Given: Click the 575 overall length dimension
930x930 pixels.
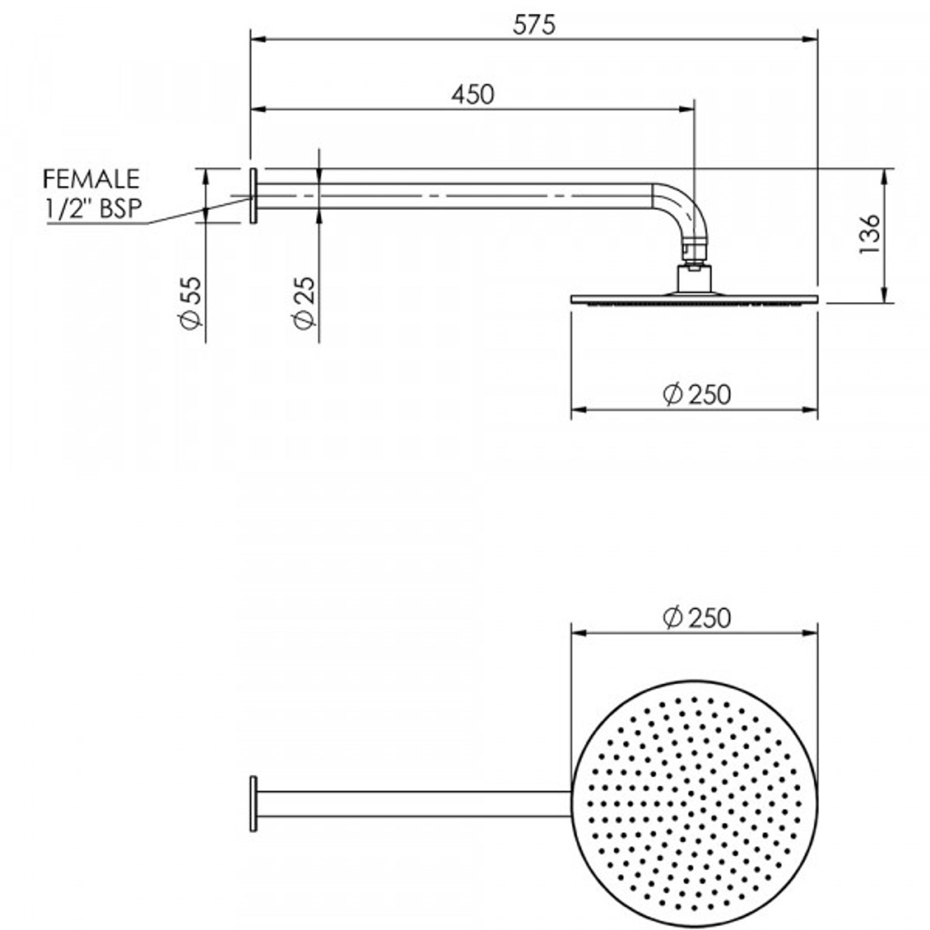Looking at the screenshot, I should tap(533, 25).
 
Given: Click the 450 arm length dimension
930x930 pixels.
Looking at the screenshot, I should tap(472, 95).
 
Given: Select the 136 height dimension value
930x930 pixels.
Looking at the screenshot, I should tap(870, 234).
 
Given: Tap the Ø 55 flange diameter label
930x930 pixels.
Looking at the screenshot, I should tap(191, 303).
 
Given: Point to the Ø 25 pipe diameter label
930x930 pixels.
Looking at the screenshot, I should tap(305, 303).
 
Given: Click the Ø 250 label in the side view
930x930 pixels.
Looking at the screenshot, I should tap(697, 395).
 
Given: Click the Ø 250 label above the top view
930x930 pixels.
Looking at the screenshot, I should tap(697, 618).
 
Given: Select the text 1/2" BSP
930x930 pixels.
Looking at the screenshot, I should tap(93, 208).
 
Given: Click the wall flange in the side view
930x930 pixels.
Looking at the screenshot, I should tap(254, 195).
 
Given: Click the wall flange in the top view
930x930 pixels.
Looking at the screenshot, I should tap(254, 803).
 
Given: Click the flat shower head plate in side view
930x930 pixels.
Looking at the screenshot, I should tap(694, 299).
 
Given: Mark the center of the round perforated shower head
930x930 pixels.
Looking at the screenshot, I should tap(694, 804).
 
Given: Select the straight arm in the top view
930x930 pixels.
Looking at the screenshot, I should tap(413, 803).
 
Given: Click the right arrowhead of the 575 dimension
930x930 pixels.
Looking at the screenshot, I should tap(811, 39).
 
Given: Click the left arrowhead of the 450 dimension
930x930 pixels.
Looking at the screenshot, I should tap(258, 109).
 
